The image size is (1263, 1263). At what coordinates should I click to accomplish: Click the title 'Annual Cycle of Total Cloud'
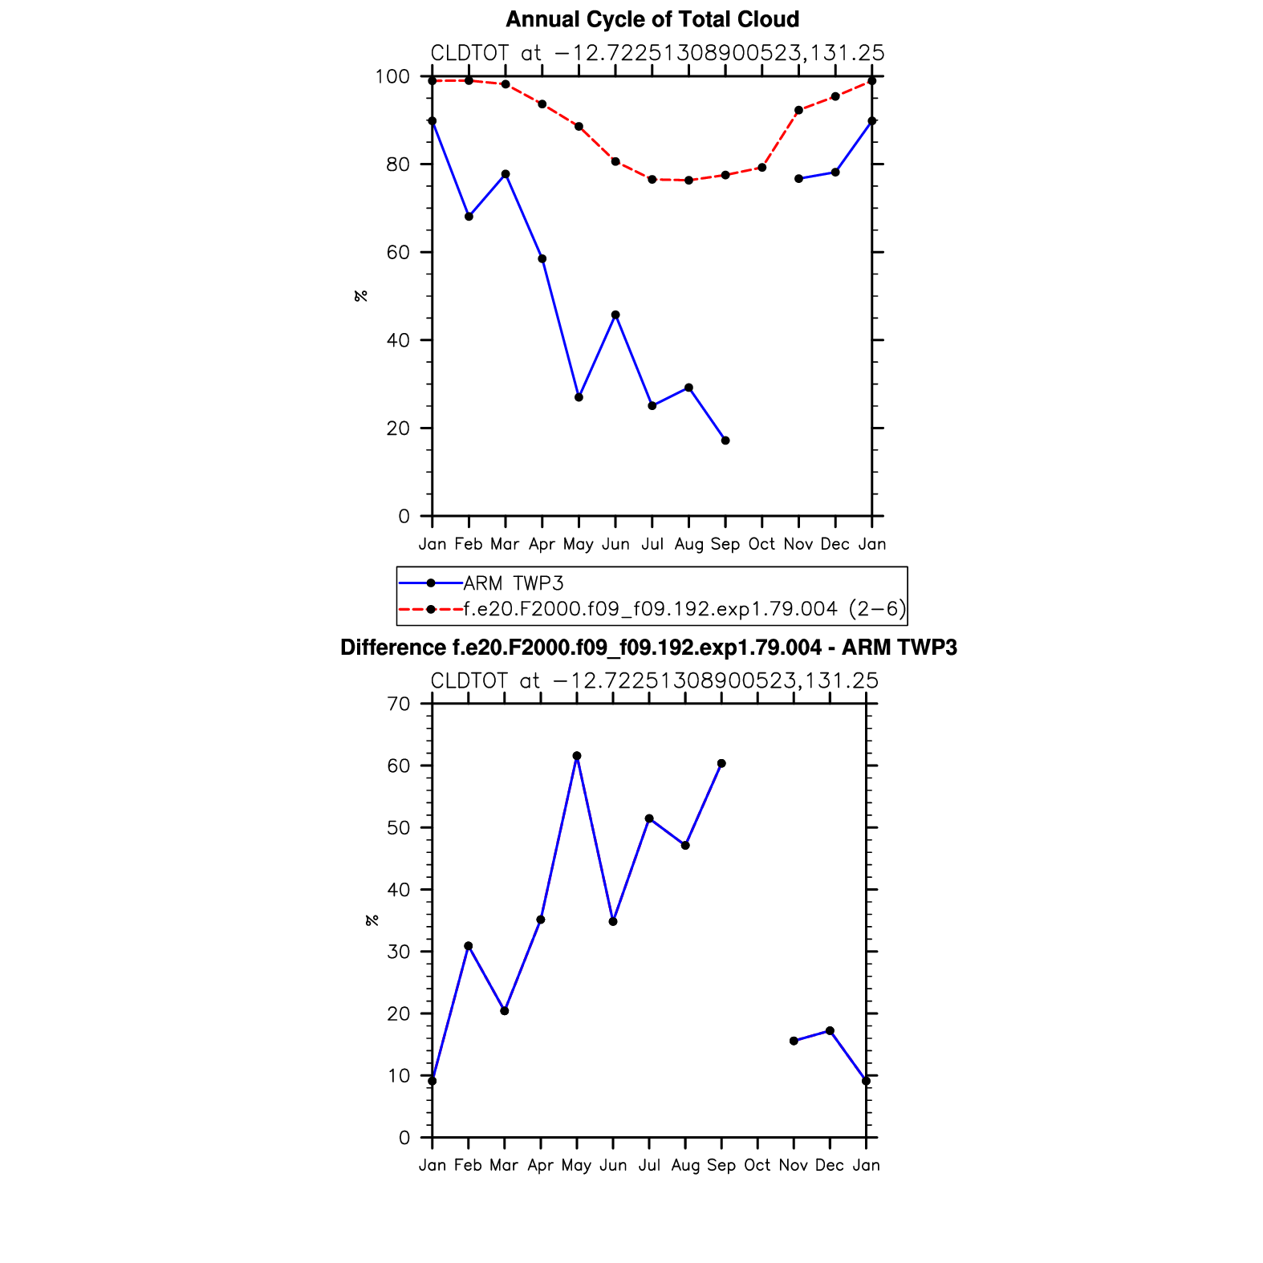click(x=652, y=19)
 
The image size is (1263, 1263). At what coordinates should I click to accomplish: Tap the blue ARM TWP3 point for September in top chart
click(x=725, y=441)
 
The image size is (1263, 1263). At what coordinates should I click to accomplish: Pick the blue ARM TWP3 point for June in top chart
click(x=615, y=315)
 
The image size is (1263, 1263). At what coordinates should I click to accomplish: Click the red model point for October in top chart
click(x=762, y=168)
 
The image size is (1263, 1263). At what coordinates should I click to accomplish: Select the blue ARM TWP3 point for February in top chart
click(x=469, y=217)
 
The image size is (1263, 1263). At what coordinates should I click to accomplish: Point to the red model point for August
click(x=688, y=181)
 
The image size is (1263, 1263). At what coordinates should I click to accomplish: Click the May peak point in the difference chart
click(x=577, y=756)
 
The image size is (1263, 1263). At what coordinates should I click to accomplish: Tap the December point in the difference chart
click(x=830, y=1030)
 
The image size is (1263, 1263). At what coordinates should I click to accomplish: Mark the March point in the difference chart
click(x=505, y=1011)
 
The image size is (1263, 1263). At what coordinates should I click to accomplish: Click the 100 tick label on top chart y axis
click(x=392, y=77)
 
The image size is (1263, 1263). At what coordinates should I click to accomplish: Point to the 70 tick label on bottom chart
click(x=398, y=705)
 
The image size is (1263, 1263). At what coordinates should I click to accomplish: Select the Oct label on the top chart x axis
click(x=761, y=544)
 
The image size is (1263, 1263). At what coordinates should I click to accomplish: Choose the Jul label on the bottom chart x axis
click(x=649, y=1165)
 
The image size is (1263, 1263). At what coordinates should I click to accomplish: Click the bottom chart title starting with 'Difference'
click(x=648, y=648)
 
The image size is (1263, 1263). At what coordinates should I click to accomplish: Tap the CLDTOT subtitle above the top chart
click(x=657, y=53)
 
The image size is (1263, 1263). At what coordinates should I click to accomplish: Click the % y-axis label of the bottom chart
click(x=372, y=920)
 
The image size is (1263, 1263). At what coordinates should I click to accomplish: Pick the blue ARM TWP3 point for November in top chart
click(x=798, y=179)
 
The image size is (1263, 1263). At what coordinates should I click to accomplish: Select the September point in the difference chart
click(x=721, y=764)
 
